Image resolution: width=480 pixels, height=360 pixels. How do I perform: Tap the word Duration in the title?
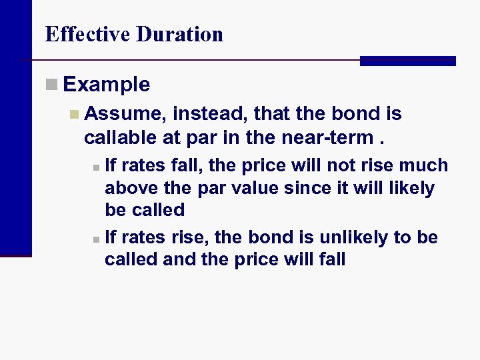(179, 34)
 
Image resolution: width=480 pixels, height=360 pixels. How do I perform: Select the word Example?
(107, 85)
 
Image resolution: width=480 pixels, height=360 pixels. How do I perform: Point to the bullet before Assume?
(74, 114)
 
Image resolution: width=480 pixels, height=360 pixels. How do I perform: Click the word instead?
(203, 114)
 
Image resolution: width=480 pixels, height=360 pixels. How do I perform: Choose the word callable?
(119, 137)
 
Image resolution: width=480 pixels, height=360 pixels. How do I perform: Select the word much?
(424, 165)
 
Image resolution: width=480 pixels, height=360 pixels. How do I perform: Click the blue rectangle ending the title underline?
(407, 61)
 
